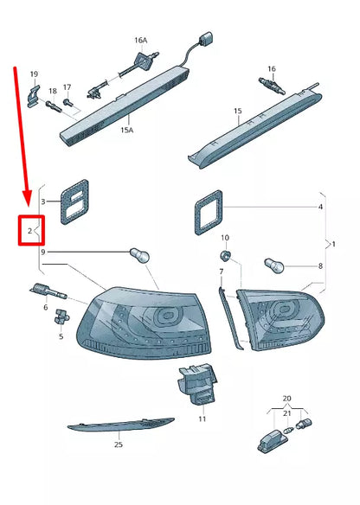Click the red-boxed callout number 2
click(29, 231)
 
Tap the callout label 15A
click(126, 130)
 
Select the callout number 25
click(119, 444)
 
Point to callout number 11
click(202, 419)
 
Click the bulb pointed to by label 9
click(139, 256)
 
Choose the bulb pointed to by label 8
click(274, 265)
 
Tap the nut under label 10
click(225, 256)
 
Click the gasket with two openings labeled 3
click(74, 202)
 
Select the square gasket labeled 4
click(209, 212)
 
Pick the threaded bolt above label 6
click(48, 291)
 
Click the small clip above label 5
click(61, 316)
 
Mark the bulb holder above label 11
click(196, 384)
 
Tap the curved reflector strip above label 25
click(121, 425)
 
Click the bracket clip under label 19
click(34, 96)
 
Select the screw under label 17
click(68, 102)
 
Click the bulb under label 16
click(272, 86)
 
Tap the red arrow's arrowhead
click(27, 197)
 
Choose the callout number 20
click(286, 399)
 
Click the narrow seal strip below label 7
click(231, 318)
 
